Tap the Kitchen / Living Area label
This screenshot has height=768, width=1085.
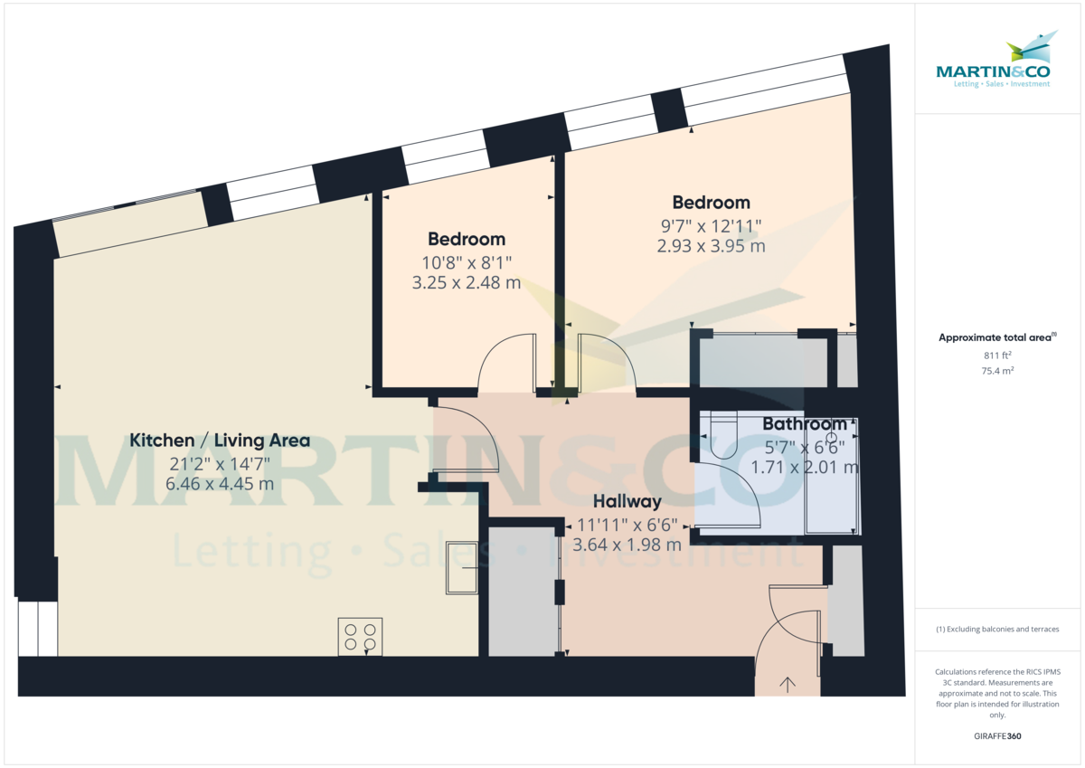point(220,441)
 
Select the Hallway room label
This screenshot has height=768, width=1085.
point(627,501)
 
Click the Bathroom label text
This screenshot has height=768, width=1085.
point(805,423)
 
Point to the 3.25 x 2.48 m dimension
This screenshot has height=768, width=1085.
point(466,282)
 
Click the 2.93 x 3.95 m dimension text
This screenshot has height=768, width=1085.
point(711,245)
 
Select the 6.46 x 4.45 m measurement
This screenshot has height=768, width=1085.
point(220,484)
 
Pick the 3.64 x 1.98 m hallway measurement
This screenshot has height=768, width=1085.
point(627,545)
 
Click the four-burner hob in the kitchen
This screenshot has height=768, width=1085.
point(360,636)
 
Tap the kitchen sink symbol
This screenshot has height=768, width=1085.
point(461,567)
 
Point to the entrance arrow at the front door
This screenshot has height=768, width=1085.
point(788,684)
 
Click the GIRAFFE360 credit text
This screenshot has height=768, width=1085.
point(997,736)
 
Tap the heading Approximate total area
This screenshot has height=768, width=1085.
point(996,337)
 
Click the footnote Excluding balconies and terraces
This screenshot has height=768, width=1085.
point(996,629)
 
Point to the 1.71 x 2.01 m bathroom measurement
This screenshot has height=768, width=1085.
point(805,467)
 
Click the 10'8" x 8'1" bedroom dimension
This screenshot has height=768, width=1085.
point(466,262)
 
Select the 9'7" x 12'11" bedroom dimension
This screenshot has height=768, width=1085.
point(711,225)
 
